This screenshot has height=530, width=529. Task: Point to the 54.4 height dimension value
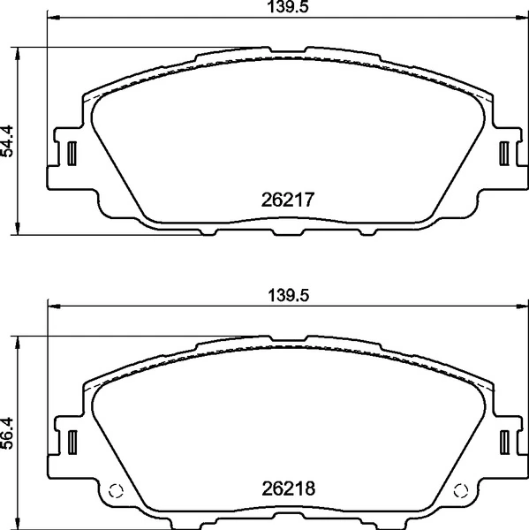8,141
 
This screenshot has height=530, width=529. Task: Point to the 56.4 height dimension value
8,432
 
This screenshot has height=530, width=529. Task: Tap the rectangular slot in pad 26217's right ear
504,153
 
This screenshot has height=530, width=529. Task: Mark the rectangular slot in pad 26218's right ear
504,440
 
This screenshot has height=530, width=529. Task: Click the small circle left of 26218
114,492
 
